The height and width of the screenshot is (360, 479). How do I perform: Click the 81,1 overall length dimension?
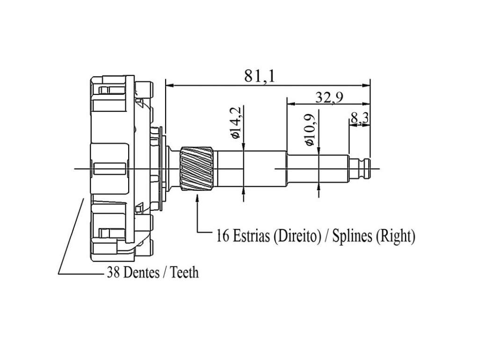[259, 76]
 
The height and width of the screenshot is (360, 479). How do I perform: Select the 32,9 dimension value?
[329, 97]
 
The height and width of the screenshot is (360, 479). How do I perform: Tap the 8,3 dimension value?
[360, 118]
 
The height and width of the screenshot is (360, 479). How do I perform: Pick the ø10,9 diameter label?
[311, 130]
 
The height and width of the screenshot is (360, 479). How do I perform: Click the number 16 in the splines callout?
[222, 236]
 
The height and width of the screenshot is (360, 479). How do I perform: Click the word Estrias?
[251, 236]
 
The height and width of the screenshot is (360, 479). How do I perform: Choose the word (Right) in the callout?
[395, 236]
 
